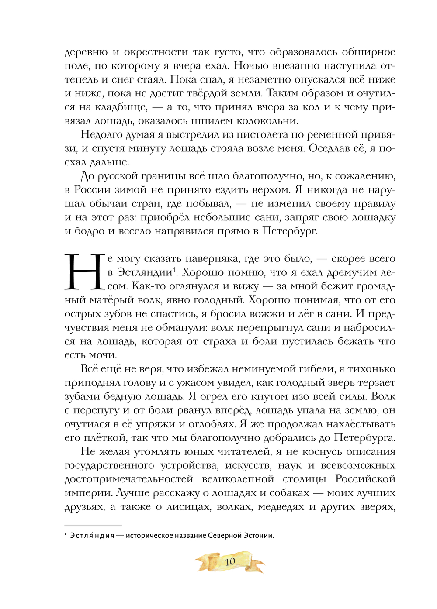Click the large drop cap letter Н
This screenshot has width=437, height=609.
(84, 272)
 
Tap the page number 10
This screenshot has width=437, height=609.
(230, 561)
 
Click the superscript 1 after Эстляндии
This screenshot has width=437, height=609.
(174, 270)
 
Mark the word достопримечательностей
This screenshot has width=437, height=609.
(129, 479)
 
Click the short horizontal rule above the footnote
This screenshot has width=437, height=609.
(93, 526)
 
